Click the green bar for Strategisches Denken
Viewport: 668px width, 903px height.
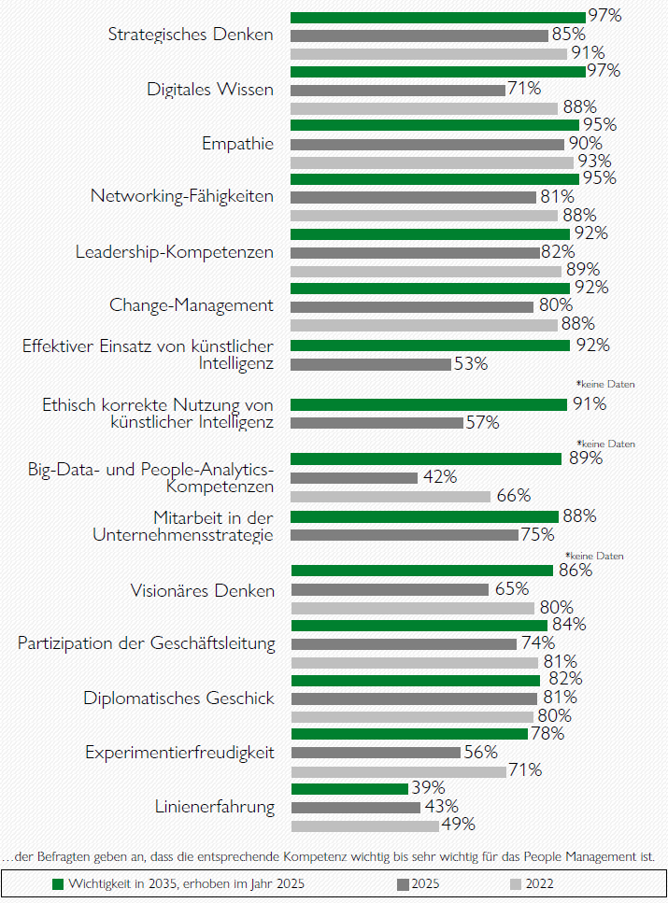pyautogui.click(x=438, y=17)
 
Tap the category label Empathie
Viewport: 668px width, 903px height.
pyautogui.click(x=237, y=144)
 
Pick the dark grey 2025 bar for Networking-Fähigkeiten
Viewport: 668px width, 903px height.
pyautogui.click(x=414, y=198)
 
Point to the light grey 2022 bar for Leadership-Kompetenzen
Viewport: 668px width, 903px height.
pyautogui.click(x=426, y=271)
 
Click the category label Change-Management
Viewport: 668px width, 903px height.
pyautogui.click(x=192, y=305)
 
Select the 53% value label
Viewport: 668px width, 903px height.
pyautogui.click(x=471, y=364)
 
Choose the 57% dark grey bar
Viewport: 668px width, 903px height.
pyautogui.click(x=377, y=423)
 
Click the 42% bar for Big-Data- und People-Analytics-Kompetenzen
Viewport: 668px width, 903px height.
pyautogui.click(x=354, y=477)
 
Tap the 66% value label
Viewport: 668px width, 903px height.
pyautogui.click(x=512, y=496)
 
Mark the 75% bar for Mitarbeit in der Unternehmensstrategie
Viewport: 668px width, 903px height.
pyautogui.click(x=405, y=535)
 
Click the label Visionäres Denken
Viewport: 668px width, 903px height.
pyautogui.click(x=203, y=591)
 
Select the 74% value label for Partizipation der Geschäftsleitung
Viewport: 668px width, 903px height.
pyautogui.click(x=538, y=643)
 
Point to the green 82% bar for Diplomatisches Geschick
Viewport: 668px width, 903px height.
pyautogui.click(x=416, y=680)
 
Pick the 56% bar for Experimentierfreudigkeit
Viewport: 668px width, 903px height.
pyautogui.click(x=376, y=753)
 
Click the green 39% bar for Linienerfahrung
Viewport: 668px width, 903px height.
pyautogui.click(x=349, y=789)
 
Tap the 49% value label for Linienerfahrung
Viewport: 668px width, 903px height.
pyautogui.click(x=459, y=825)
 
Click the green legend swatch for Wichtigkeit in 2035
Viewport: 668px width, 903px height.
pyautogui.click(x=57, y=883)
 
